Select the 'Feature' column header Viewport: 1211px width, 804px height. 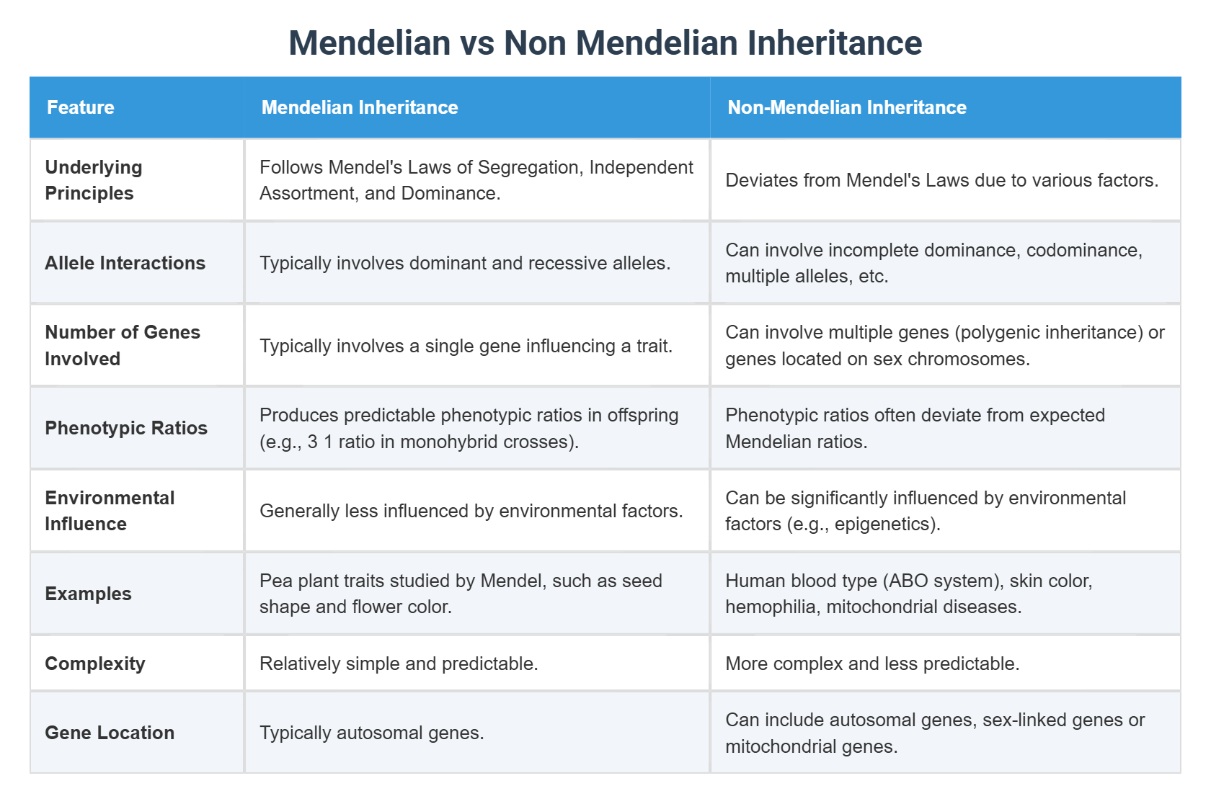[81, 107]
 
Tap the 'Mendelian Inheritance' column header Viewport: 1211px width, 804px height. [360, 107]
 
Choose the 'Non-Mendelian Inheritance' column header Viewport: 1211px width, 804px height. [847, 107]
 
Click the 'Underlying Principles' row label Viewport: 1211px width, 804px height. [94, 180]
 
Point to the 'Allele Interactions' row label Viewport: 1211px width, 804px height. [125, 263]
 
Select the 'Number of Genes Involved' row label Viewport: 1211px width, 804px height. [123, 345]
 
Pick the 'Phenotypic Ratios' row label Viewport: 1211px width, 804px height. [126, 428]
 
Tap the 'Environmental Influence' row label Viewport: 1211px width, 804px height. [110, 511]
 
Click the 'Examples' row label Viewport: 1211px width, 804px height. [89, 594]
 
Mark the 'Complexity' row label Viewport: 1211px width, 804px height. [95, 664]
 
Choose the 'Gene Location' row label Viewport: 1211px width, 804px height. [110, 733]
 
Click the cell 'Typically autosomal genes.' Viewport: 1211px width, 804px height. [372, 733]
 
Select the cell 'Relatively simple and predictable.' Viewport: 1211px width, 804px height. [399, 664]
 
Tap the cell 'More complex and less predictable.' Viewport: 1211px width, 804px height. [872, 664]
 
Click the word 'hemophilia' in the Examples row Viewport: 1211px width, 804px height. [770, 607]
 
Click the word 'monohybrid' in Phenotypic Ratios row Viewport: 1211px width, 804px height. [457, 442]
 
